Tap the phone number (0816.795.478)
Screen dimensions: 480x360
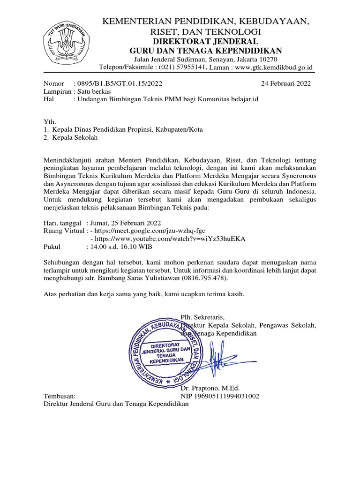click(205, 277)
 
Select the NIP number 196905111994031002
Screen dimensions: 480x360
click(220, 396)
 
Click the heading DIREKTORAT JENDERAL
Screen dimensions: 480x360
click(206, 41)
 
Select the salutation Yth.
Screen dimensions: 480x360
click(49, 121)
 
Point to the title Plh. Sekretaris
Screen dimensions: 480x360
click(202, 316)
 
